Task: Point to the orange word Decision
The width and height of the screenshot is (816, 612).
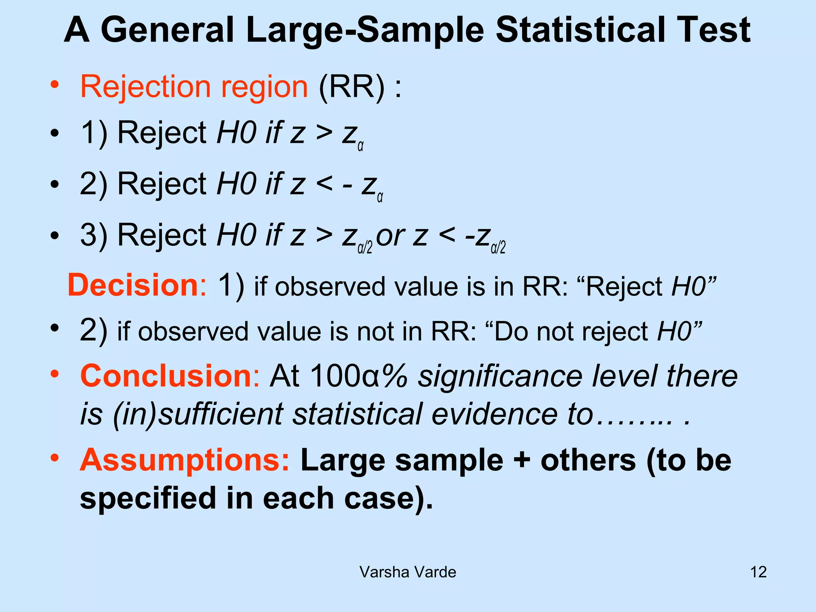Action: (133, 285)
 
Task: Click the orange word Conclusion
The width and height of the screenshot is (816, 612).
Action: (166, 376)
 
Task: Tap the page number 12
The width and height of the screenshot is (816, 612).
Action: (758, 572)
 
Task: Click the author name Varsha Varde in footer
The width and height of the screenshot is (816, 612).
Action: (408, 572)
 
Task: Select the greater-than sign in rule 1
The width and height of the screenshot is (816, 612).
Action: (324, 133)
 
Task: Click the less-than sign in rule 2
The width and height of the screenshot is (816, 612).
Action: (324, 184)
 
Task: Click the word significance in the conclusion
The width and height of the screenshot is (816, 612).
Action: (500, 376)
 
